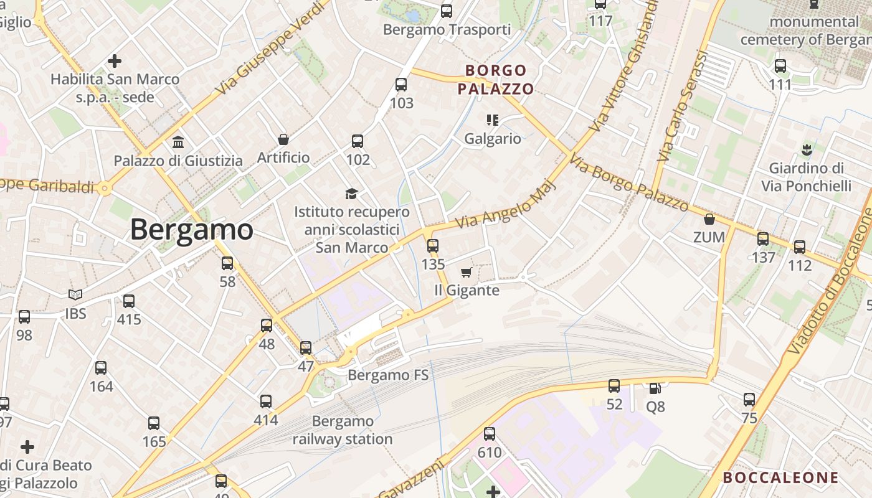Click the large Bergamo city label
[x=191, y=230]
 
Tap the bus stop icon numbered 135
[x=433, y=246]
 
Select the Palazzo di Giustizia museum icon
[x=178, y=142]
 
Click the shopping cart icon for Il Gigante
[x=466, y=272]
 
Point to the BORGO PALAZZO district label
[x=496, y=80]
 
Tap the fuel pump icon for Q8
[x=655, y=388]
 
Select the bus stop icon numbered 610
[x=490, y=434]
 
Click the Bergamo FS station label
[x=388, y=375]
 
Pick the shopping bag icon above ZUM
[x=709, y=219]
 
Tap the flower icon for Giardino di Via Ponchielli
[x=807, y=149]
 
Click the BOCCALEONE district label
[x=780, y=477]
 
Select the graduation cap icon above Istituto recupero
[x=352, y=194]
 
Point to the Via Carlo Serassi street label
[x=683, y=106]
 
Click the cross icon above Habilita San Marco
[x=115, y=61]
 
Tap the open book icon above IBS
[x=75, y=294]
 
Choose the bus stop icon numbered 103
[x=401, y=84]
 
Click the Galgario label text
[x=493, y=138]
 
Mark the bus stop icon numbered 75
[x=749, y=399]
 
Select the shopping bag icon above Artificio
[x=283, y=139]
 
